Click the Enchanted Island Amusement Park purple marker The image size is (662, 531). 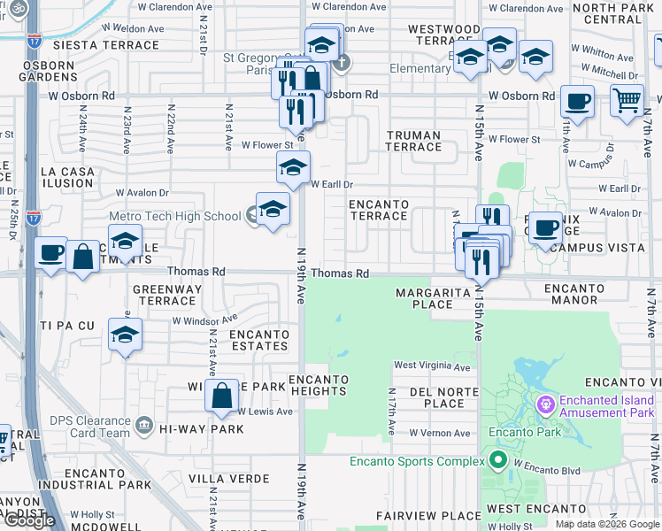coord(545,405)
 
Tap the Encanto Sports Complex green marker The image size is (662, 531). coord(496,460)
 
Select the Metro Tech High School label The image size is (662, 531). coord(174,216)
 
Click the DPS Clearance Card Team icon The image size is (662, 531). coord(142,427)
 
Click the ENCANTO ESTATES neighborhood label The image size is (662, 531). coord(258,340)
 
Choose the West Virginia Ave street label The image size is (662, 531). coord(432,366)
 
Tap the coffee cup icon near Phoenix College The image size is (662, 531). coord(546,229)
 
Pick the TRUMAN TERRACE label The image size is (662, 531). coord(413,142)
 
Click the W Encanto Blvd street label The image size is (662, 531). coord(544,463)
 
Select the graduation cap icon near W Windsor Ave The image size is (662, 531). coord(125,335)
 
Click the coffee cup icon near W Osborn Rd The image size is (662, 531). coord(577,101)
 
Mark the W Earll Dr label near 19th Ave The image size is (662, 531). coord(332,184)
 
